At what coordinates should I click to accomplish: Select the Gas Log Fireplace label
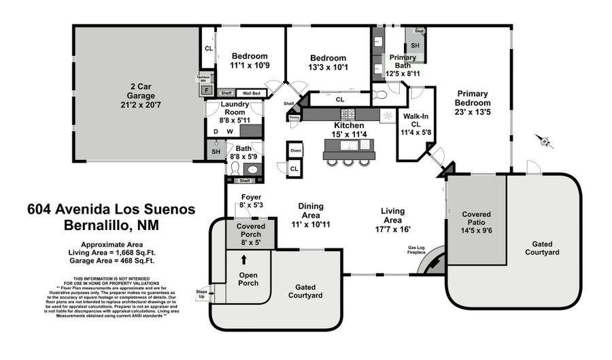pos(416,250)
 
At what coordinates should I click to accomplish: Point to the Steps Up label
pos(201,294)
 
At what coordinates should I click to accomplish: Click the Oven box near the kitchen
pos(295,150)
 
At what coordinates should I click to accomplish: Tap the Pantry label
pos(294,117)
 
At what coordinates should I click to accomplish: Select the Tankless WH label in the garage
pos(203,79)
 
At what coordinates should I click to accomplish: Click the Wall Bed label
pos(252,93)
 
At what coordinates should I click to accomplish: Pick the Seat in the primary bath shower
pos(419,31)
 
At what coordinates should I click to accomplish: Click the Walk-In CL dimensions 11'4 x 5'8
pos(415,133)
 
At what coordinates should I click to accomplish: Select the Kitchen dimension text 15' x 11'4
pos(349,134)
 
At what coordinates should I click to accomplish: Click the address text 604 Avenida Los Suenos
pos(111,209)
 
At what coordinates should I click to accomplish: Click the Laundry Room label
pos(235,108)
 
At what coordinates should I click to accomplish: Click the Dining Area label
pos(311,210)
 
